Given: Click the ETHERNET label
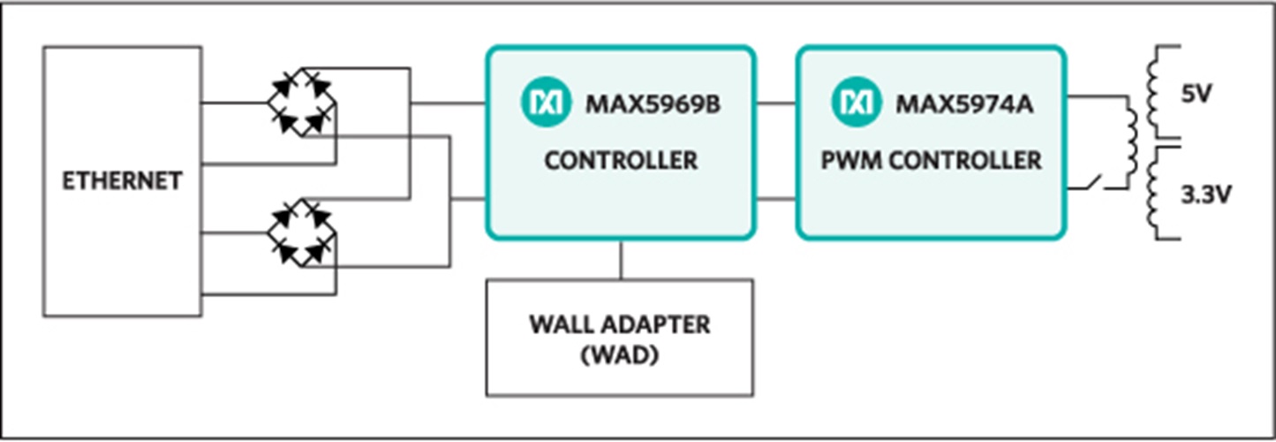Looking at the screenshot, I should (x=122, y=180).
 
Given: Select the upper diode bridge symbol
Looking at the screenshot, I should (x=302, y=102).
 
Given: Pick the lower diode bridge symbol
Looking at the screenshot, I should (x=302, y=234).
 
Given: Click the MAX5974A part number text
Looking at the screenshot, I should (x=964, y=104).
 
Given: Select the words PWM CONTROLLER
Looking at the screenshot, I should (x=931, y=161).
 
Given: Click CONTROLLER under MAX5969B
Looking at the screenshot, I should (x=621, y=161).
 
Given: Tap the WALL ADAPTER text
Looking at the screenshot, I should (x=620, y=324).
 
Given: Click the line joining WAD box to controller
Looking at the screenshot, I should (x=621, y=259).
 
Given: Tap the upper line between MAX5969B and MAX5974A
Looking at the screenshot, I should (x=776, y=103).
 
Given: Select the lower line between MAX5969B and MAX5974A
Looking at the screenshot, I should (x=776, y=198).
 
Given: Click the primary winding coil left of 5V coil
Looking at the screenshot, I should (x=1131, y=141).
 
